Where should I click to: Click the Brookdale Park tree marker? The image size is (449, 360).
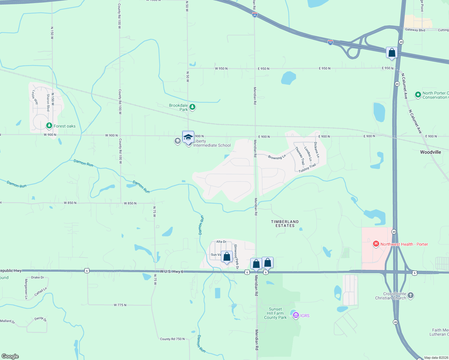[x=192, y=107]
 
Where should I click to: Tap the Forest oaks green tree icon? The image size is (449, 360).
[x=49, y=125]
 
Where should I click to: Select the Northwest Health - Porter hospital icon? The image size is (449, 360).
[x=376, y=244]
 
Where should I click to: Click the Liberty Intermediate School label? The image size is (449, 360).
[x=212, y=143]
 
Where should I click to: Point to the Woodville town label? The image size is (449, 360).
[x=430, y=152]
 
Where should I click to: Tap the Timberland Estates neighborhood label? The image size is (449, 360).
[x=285, y=223]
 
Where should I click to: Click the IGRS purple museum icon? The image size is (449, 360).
[x=296, y=315]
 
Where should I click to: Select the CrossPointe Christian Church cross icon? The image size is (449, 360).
[x=411, y=295]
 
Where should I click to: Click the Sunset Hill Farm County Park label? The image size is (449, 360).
[x=275, y=313]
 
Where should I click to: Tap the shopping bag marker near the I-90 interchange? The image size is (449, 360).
[x=392, y=52]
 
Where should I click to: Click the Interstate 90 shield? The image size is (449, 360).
[x=330, y=42]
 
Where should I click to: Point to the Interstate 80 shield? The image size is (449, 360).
[x=255, y=15]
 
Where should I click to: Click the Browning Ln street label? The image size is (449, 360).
[x=277, y=157]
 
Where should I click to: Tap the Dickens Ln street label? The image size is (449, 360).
[x=316, y=150]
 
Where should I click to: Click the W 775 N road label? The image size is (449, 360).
[x=120, y=305]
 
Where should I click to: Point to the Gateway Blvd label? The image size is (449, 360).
[x=415, y=30]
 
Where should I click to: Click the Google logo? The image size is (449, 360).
[x=10, y=356]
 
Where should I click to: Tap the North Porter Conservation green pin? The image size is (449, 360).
[x=418, y=95]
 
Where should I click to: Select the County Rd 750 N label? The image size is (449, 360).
[x=172, y=339]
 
